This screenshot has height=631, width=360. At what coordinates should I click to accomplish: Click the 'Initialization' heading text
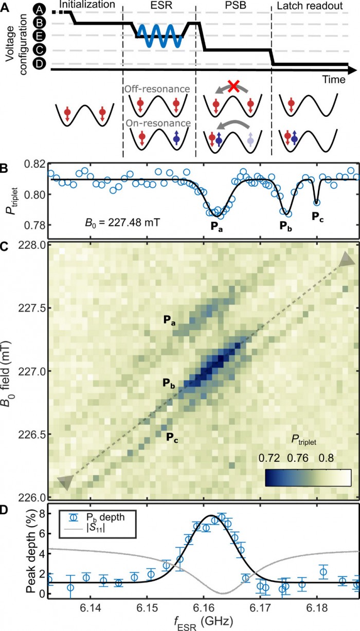[x=87, y=5]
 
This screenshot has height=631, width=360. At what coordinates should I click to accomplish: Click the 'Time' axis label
[x=334, y=79]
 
